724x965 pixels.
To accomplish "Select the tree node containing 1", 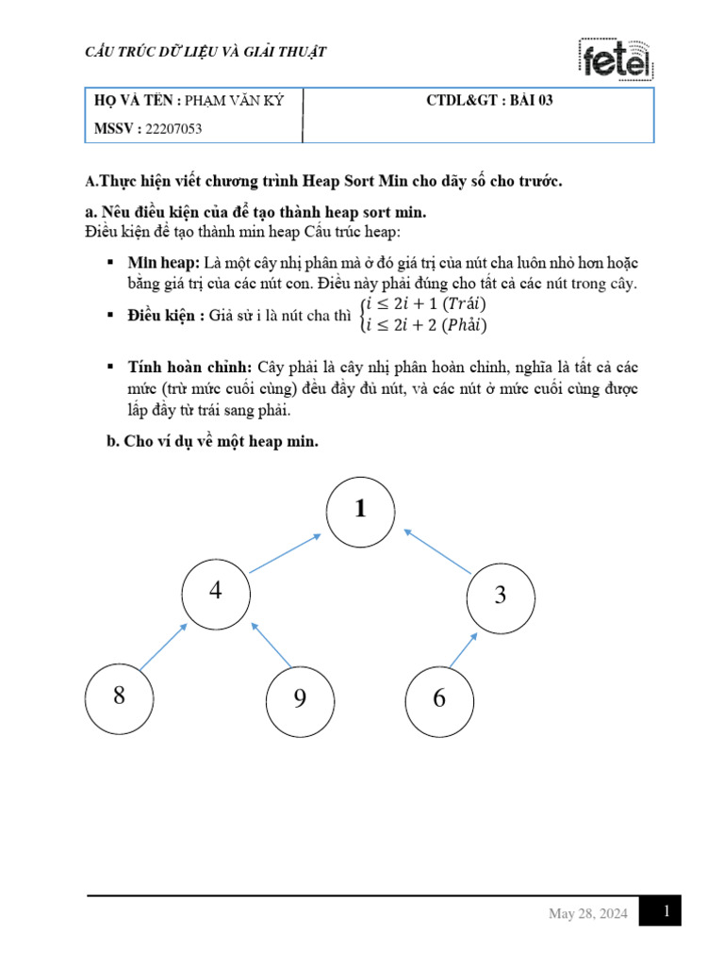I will (360, 511).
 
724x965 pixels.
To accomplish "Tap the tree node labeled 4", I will (217, 593).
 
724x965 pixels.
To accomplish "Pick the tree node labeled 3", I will (500, 596).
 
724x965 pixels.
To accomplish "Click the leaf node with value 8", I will (119, 696).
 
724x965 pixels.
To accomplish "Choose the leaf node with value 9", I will (300, 698).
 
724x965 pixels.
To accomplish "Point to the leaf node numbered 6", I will (439, 699).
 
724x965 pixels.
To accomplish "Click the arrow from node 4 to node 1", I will (286, 553).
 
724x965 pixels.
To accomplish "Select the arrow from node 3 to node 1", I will (436, 550).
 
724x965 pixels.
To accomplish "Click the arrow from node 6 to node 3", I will (463, 650).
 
